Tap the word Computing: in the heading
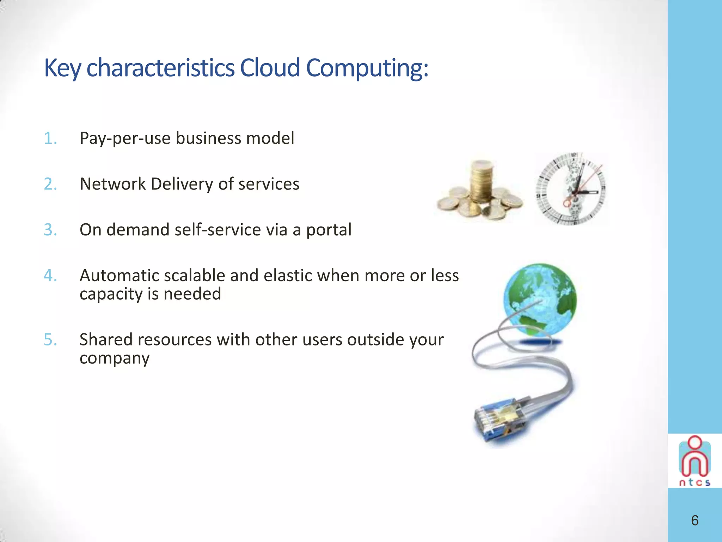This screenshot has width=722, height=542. coord(367,68)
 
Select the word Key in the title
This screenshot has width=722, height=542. coord(62,68)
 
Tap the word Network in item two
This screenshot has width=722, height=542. coord(112,184)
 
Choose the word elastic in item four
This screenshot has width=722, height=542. coord(288,276)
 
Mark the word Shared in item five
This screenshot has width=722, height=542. coord(106,339)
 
